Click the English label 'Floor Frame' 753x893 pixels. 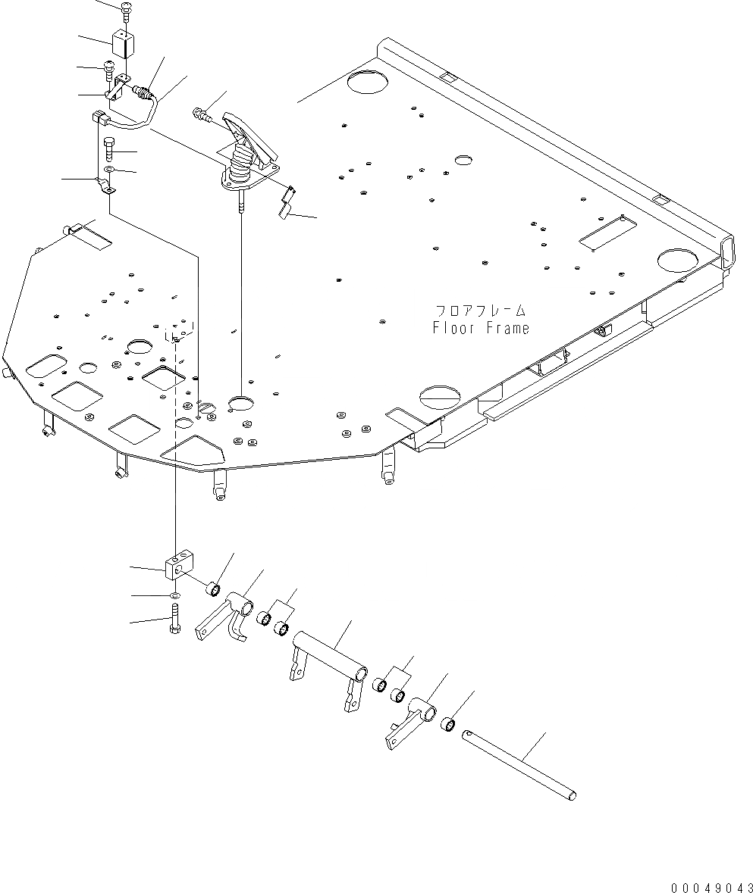(x=481, y=328)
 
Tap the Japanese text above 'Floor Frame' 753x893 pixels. (x=481, y=311)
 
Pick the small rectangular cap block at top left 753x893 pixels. (x=121, y=43)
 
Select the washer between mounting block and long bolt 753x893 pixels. (x=175, y=596)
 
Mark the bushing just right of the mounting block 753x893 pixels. (x=214, y=588)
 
